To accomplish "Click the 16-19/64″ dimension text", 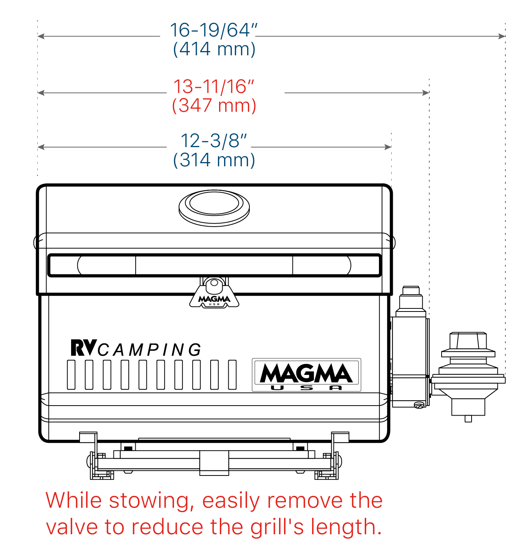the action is pyautogui.click(x=214, y=30).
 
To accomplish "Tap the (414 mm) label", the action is pyautogui.click(x=214, y=49).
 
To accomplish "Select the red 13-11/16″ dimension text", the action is pyautogui.click(x=214, y=86).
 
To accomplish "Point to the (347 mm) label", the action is pyautogui.click(x=214, y=106).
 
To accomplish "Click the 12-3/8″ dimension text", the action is pyautogui.click(x=214, y=141).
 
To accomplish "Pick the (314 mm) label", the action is pyautogui.click(x=214, y=160).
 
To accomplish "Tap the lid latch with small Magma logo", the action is pyautogui.click(x=214, y=293).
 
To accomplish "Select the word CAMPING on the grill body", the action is pyautogui.click(x=150, y=350).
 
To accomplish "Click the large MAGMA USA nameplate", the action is pyautogui.click(x=306, y=375).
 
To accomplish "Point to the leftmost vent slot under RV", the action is pyautogui.click(x=71, y=375).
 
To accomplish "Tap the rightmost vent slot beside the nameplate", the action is pyautogui.click(x=232, y=375).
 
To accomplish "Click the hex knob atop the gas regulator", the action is pyautogui.click(x=468, y=341).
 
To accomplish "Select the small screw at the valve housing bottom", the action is pyautogui.click(x=419, y=406).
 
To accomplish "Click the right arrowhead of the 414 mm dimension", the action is pyautogui.click(x=502, y=36).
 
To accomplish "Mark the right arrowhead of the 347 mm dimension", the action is pyautogui.click(x=425, y=93).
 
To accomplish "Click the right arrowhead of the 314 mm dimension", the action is pyautogui.click(x=388, y=147).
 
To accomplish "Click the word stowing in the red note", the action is pyautogui.click(x=151, y=501).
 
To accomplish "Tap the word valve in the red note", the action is pyautogui.click(x=72, y=527).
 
